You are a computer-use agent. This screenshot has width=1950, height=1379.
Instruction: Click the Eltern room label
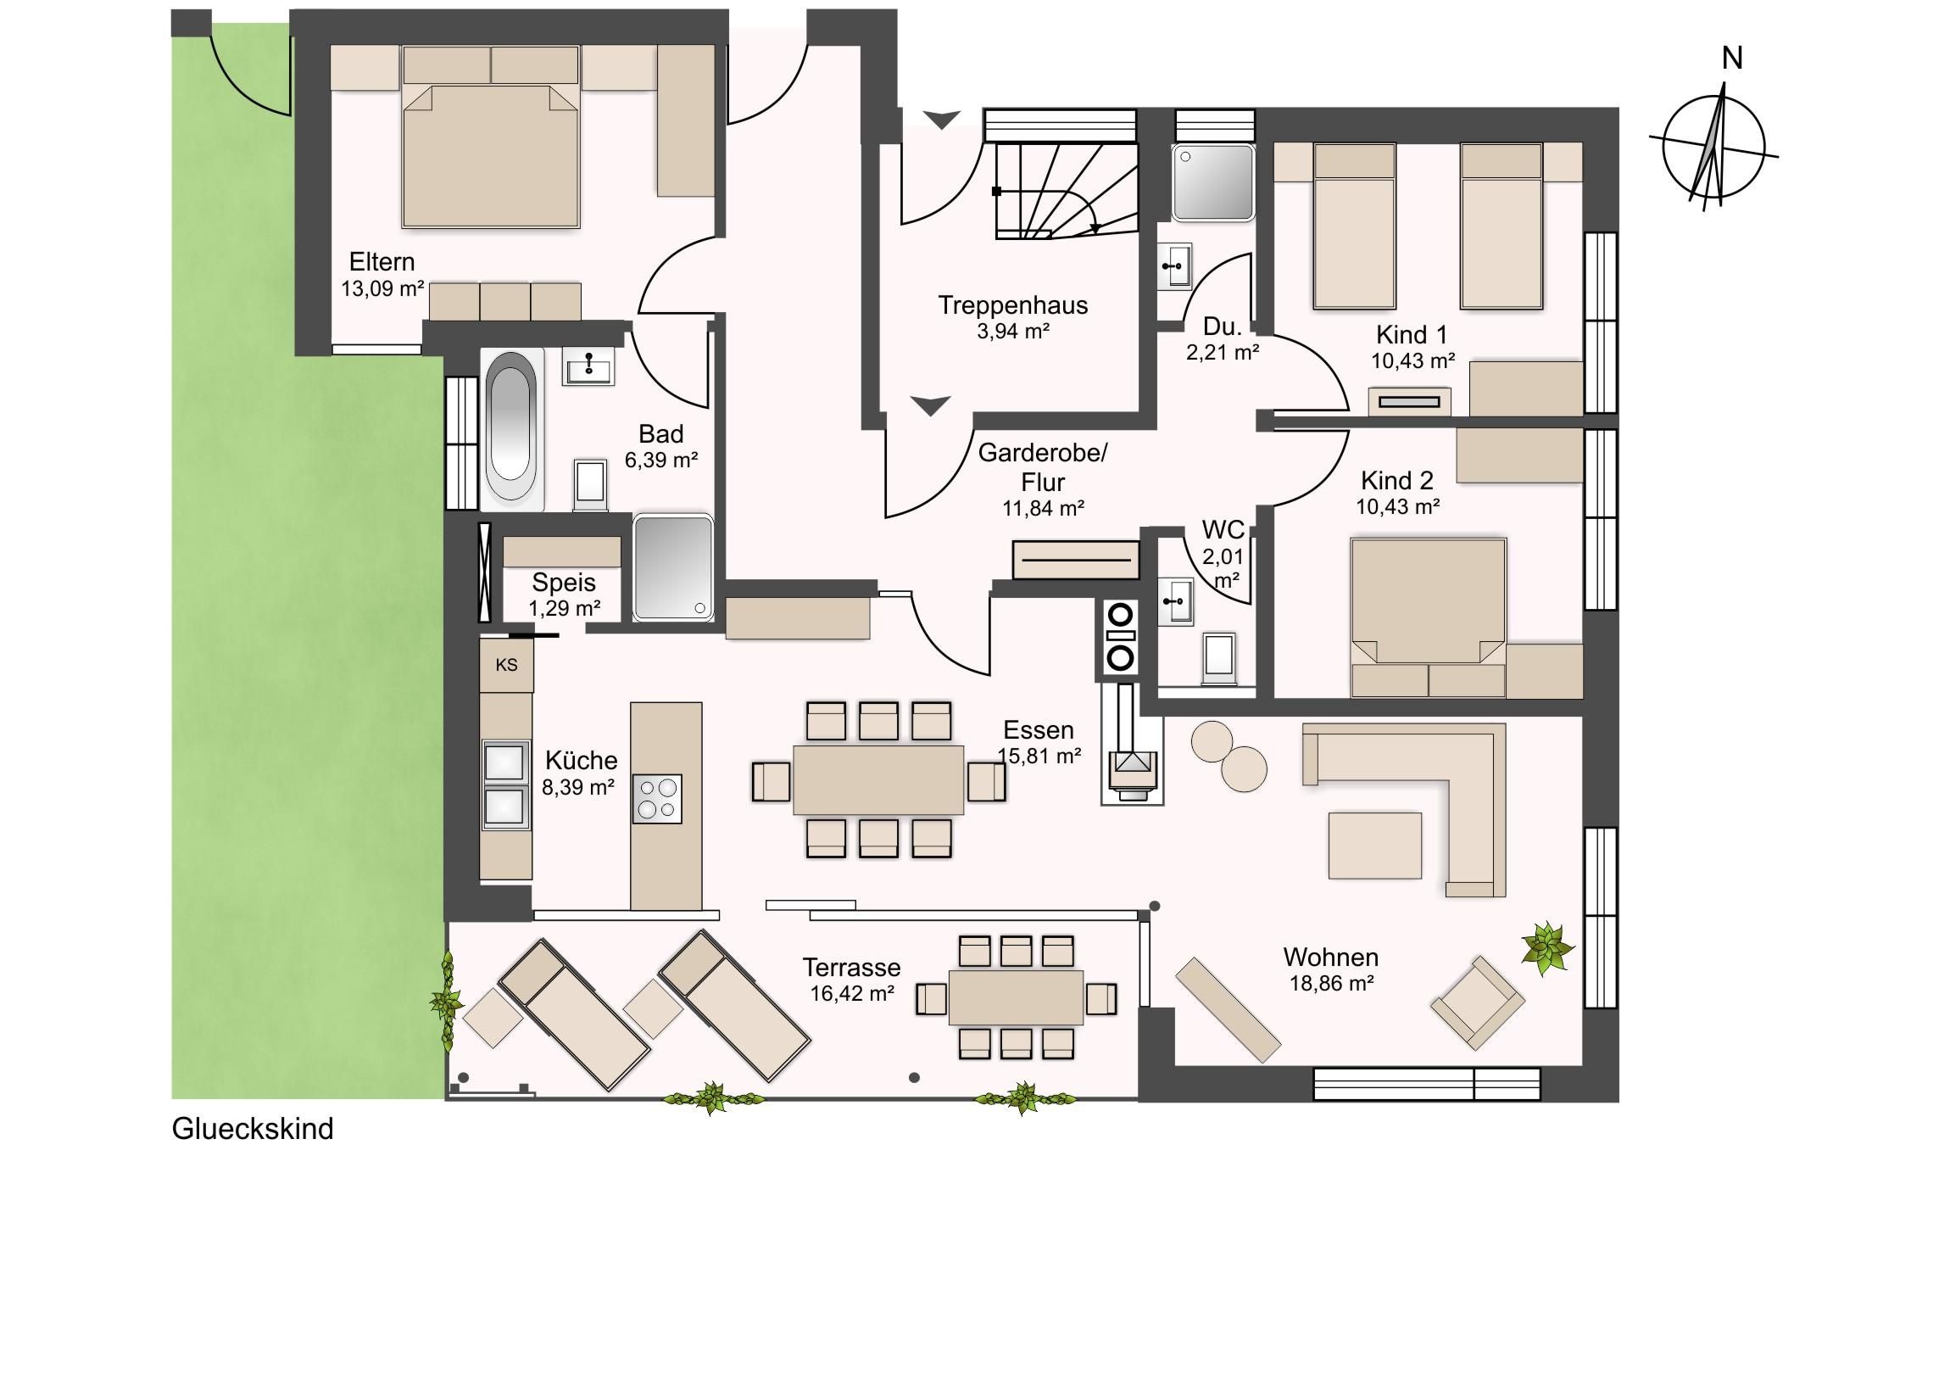(382, 262)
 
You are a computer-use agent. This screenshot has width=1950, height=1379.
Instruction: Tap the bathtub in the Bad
(512, 430)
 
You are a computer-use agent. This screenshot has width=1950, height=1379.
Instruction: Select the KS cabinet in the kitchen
(506, 664)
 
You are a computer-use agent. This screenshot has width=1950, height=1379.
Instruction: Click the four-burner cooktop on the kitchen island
(657, 799)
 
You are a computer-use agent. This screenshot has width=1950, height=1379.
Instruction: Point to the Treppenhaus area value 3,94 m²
(1013, 332)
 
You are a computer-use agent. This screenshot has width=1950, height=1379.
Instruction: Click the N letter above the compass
(1732, 59)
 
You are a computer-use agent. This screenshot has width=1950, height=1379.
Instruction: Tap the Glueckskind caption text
(253, 1129)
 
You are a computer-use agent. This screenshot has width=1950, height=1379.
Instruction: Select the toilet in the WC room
(1220, 656)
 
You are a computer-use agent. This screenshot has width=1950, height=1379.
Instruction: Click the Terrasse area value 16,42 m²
(852, 994)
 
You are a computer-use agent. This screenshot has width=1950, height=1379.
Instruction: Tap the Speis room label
(564, 583)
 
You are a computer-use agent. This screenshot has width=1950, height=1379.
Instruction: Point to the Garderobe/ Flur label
(1043, 467)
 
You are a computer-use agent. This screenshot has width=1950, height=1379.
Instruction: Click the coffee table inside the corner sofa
(1375, 846)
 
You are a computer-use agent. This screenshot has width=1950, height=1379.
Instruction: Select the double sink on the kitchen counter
(504, 784)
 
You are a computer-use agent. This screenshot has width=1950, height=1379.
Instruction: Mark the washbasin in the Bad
(588, 368)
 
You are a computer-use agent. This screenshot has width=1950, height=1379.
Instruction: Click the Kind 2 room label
(1397, 481)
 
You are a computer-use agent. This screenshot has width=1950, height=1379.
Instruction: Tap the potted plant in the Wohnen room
(1547, 946)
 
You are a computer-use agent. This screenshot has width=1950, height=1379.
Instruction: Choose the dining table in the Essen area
(878, 780)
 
